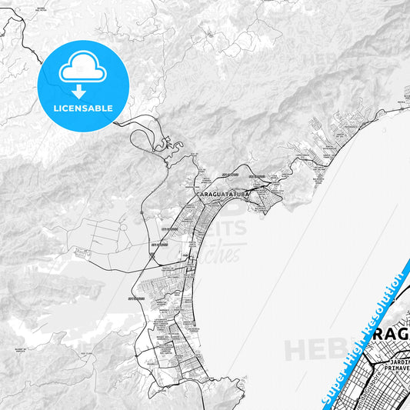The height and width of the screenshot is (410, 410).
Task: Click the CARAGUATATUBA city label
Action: pyautogui.click(x=222, y=195)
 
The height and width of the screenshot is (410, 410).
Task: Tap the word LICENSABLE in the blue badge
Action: pyautogui.click(x=82, y=108)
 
